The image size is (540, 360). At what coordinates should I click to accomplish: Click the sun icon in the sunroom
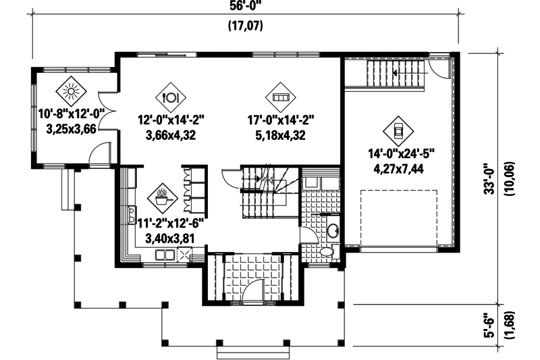(x=70, y=89)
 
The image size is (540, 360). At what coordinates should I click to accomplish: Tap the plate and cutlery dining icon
(x=171, y=95)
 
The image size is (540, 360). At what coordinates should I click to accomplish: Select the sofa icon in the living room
(x=279, y=97)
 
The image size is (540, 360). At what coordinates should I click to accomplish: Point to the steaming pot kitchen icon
(x=162, y=197)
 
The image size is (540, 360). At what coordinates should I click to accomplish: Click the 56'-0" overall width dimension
(x=245, y=7)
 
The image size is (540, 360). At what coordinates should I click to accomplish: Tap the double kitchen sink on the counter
(x=163, y=255)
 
